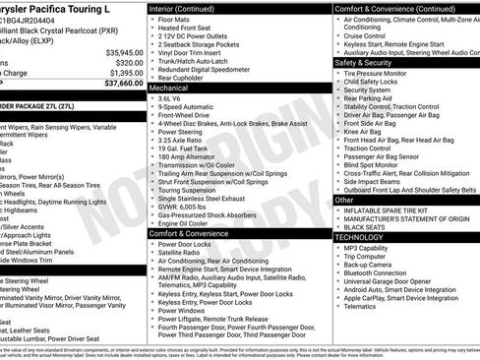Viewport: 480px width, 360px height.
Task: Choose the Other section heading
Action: pyautogui.click(x=345, y=199)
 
